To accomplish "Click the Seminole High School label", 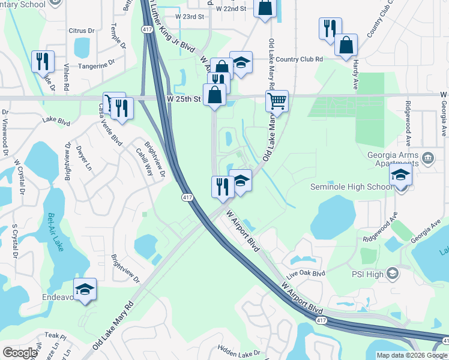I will pyautogui.click(x=351, y=187).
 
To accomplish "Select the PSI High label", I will pyautogui.click(x=367, y=274).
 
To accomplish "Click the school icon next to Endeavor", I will pyautogui.click(x=85, y=289).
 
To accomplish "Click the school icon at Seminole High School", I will pyautogui.click(x=400, y=176).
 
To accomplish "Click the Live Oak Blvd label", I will pyautogui.click(x=305, y=273).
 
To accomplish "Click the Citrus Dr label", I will pyautogui.click(x=82, y=29).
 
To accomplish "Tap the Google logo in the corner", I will pyautogui.click(x=20, y=353).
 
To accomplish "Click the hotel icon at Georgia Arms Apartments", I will pyautogui.click(x=427, y=159).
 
